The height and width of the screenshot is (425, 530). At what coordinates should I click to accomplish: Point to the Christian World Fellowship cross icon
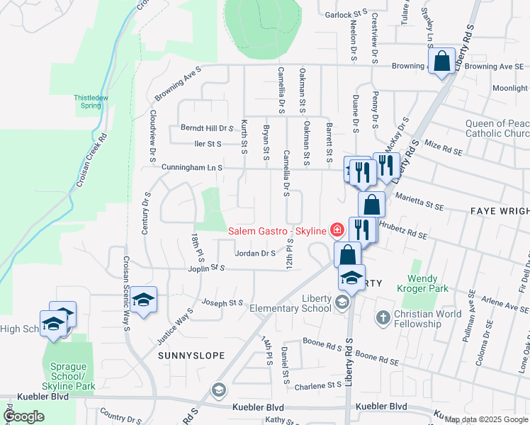coord(383,317)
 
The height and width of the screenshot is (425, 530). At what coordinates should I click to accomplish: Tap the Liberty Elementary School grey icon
coord(342,303)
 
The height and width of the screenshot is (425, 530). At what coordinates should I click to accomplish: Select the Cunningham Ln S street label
coord(192,168)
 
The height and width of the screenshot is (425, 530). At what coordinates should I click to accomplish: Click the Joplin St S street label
coord(207,268)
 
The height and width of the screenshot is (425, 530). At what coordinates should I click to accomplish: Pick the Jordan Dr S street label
coord(255,253)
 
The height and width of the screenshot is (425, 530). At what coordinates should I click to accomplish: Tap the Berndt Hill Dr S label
coord(207,128)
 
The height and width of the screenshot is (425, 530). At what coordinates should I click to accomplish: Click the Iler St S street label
coord(208,143)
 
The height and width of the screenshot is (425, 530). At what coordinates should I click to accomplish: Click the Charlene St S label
coord(318,385)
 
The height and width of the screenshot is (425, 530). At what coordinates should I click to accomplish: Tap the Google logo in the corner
coord(24,416)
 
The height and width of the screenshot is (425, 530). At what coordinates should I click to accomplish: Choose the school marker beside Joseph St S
coord(143,300)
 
